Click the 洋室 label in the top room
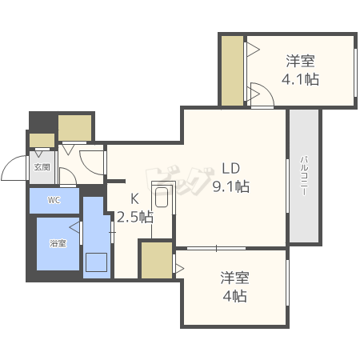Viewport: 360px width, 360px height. pos(300,61)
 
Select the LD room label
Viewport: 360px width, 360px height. pos(230,169)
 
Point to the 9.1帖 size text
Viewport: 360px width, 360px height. pos(230,186)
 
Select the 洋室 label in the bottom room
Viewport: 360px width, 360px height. pos(234,278)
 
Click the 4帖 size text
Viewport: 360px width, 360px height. pos(234,297)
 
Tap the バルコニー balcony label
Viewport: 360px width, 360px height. pos(305,177)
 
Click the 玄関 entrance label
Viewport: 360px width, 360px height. pos(42,168)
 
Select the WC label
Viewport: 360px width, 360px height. pos(54,200)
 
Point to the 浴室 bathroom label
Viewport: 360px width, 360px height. pos(57,242)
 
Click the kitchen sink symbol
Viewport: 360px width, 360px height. pos(162,197)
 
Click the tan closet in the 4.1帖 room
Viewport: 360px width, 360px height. pos(233,70)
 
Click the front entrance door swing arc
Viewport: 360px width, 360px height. pos(14,170)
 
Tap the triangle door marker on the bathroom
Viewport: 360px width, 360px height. pos(74,227)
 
